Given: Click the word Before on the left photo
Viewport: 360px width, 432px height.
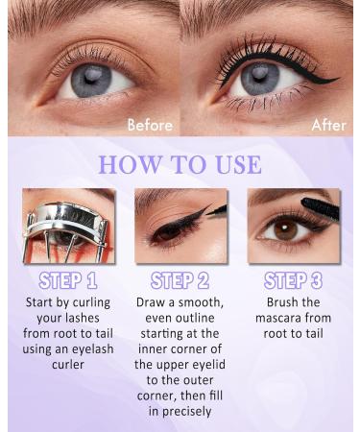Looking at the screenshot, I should click(x=150, y=125).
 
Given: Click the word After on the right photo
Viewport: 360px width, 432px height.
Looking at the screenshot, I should click(x=329, y=125).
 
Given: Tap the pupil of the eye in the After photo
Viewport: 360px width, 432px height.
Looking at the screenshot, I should click(x=259, y=78).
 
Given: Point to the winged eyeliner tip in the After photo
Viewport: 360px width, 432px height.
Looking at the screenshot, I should click(x=337, y=79).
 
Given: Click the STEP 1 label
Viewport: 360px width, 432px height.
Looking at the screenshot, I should click(x=66, y=282).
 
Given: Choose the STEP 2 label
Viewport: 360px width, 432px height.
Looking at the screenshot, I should click(x=180, y=282).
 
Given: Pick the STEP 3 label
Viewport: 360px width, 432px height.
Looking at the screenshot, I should click(x=294, y=282).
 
